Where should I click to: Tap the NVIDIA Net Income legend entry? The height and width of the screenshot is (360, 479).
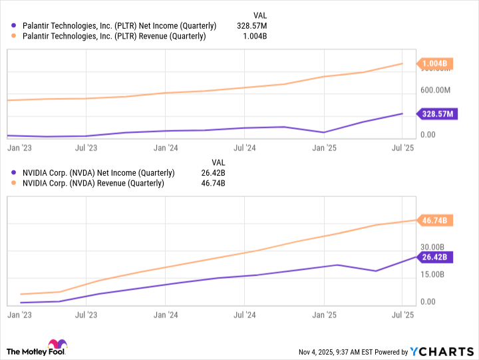94,173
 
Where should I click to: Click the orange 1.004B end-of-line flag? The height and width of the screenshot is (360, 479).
436,64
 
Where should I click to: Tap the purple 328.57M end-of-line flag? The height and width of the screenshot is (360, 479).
438,114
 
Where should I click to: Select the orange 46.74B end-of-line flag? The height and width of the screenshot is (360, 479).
436,220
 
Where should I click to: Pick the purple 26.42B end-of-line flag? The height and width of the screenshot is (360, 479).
436,257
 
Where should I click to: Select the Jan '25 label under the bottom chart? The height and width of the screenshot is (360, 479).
324,314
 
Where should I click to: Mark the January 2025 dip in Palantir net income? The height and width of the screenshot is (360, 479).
324,132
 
